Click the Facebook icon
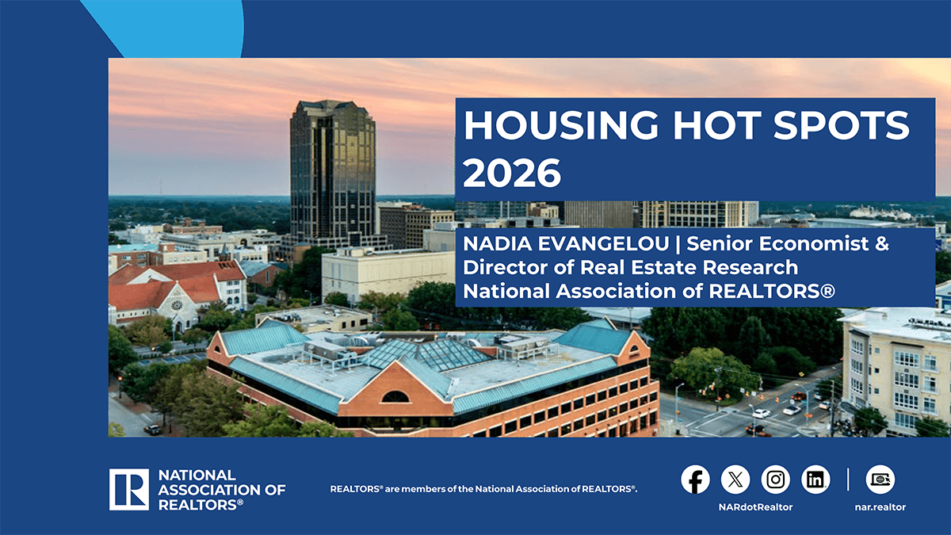(695, 480)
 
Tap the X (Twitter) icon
(735, 480)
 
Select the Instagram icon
(776, 480)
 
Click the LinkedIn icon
(815, 480)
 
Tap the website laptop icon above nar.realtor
(880, 480)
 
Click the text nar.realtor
(880, 506)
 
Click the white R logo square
(129, 489)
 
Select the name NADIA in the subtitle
(491, 244)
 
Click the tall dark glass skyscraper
(332, 170)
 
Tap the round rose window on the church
(177, 304)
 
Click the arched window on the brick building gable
(395, 396)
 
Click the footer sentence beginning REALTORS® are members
(483, 490)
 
